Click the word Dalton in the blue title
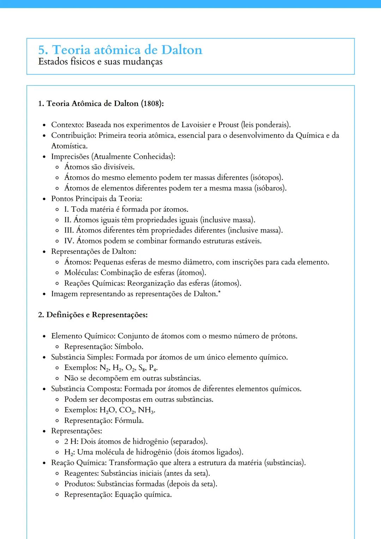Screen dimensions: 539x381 (x=182, y=50)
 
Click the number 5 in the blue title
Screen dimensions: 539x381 (x=42, y=50)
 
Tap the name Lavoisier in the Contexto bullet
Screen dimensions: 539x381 (x=196, y=125)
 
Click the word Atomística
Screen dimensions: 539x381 (x=69, y=146)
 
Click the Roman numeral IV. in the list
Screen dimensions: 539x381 (x=69, y=241)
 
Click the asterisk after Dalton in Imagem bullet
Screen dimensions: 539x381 (x=219, y=292)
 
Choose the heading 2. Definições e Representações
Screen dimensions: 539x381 (x=93, y=315)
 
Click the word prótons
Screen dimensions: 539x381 (x=284, y=336)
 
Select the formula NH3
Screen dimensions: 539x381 (x=146, y=410)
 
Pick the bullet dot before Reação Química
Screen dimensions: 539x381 (x=44, y=463)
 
